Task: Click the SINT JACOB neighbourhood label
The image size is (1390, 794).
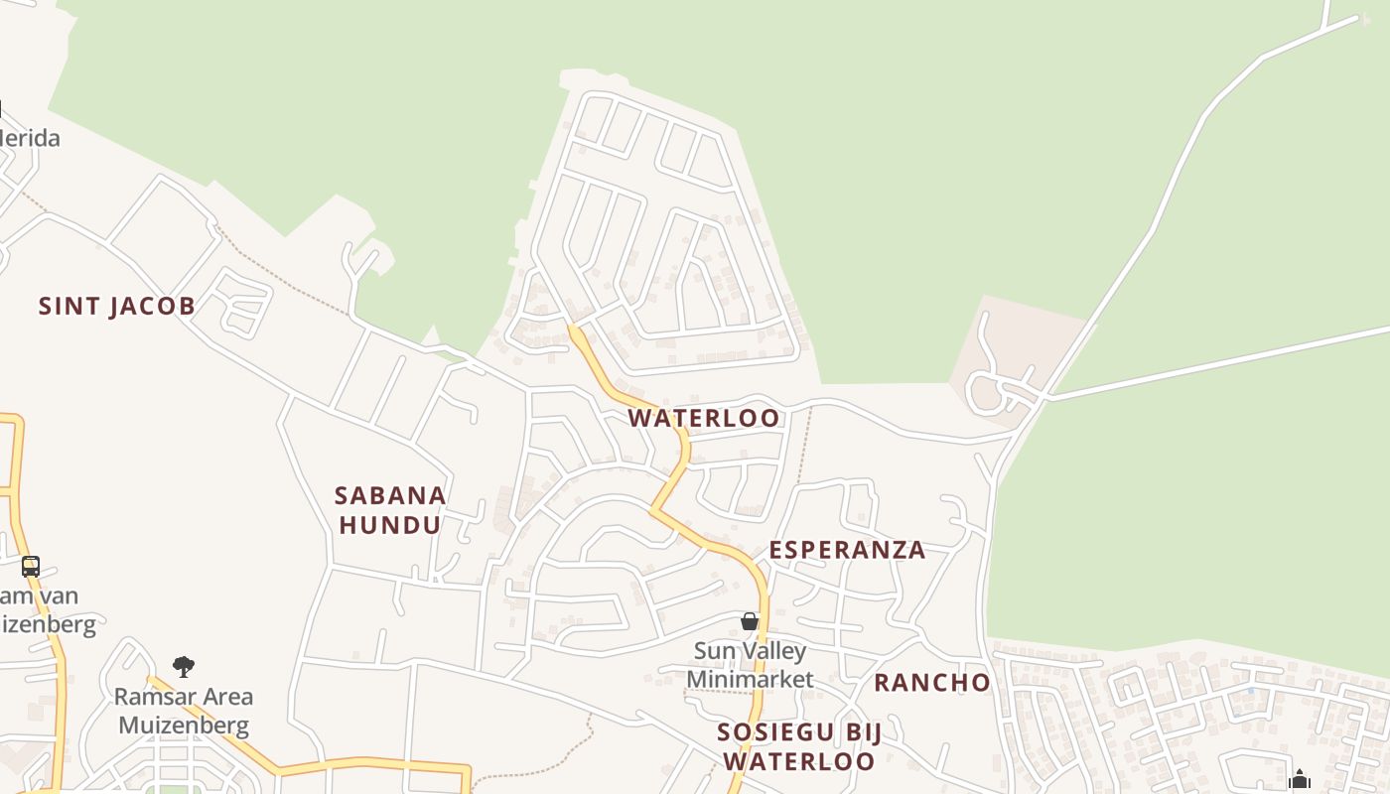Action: click(116, 306)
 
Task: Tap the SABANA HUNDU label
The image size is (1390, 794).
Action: click(390, 510)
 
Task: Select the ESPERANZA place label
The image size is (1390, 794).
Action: click(847, 550)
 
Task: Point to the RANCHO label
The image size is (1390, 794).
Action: click(932, 683)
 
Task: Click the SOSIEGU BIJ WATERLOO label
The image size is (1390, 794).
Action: click(799, 747)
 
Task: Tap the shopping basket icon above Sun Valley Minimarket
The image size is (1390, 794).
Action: click(750, 621)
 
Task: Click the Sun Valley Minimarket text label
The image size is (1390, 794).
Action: click(750, 665)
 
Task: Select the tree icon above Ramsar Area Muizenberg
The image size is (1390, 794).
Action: click(184, 666)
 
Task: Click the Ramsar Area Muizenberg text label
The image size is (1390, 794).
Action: click(184, 711)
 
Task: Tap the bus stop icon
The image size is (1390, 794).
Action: click(31, 567)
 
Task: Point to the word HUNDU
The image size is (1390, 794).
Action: click(390, 525)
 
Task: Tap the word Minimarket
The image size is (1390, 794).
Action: click(750, 679)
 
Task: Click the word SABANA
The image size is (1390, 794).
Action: click(390, 495)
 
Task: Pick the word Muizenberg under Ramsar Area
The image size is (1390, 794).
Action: click(184, 725)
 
